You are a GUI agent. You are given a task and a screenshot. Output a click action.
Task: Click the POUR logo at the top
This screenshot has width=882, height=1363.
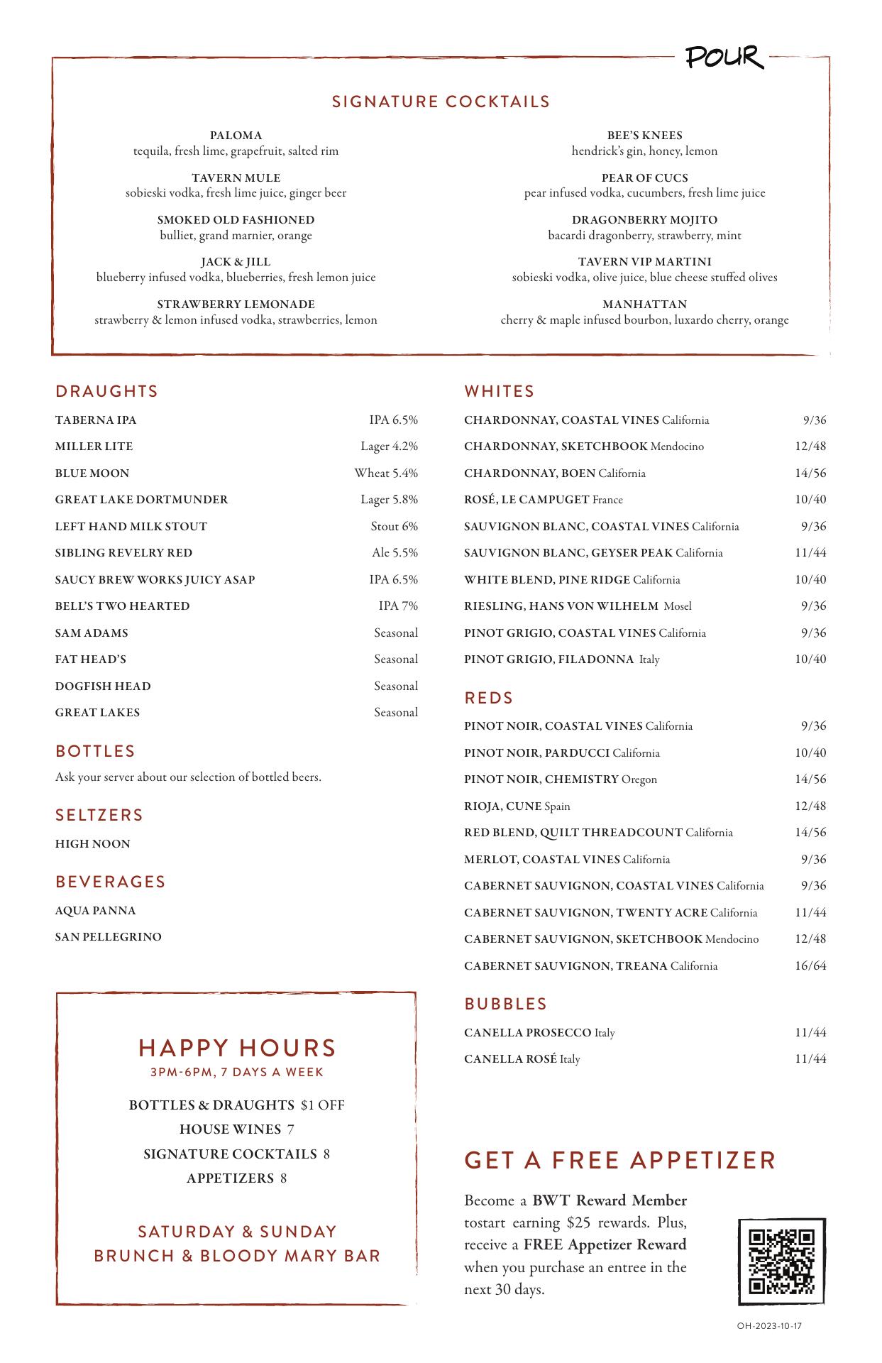[724, 58]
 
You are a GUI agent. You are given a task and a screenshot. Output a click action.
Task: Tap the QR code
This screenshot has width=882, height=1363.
[781, 1261]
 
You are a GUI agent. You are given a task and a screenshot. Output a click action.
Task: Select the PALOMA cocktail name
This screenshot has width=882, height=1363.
[236, 136]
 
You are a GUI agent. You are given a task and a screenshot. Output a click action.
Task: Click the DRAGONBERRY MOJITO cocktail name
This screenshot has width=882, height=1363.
[644, 220]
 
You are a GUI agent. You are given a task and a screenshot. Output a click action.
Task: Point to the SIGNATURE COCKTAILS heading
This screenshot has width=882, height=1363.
[441, 102]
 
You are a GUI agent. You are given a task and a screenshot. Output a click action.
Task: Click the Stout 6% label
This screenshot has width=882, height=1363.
[394, 526]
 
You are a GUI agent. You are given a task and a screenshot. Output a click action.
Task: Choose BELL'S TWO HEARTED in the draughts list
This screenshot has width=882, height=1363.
[122, 606]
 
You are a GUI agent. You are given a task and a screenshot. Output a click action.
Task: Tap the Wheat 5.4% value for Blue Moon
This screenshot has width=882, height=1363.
[386, 473]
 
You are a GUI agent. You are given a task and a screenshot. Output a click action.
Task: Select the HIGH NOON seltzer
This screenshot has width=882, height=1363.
[93, 844]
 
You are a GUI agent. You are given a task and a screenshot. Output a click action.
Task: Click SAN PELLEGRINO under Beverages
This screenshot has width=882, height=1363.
[109, 937]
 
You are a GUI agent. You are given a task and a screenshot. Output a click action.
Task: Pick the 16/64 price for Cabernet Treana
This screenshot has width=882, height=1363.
[810, 965]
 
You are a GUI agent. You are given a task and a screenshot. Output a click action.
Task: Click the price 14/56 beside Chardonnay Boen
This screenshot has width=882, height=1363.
[810, 473]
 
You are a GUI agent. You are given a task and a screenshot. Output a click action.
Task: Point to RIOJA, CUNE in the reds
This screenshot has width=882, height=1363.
[503, 806]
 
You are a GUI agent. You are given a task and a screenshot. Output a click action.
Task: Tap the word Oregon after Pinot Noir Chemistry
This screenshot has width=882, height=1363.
[639, 779]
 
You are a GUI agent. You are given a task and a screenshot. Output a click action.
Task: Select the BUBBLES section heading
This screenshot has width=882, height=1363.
[505, 1004]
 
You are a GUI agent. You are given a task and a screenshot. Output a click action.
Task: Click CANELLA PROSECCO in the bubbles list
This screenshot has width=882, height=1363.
[527, 1032]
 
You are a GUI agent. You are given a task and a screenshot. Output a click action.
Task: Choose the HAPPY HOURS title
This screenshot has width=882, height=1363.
[237, 1048]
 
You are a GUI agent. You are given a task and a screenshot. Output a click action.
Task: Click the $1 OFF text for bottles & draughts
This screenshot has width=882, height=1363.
[322, 1105]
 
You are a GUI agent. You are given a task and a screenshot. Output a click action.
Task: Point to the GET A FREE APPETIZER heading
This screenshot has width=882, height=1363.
[619, 1160]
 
